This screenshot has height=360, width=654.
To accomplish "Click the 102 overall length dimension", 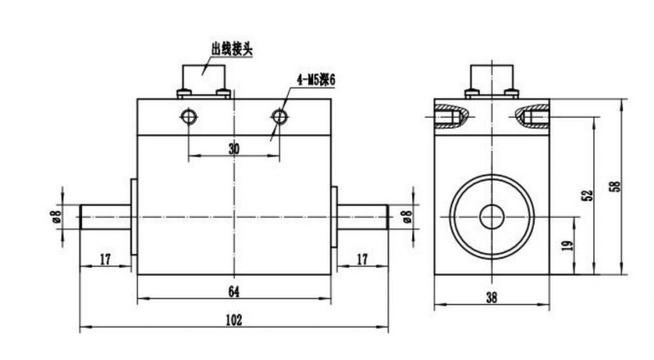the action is (234, 320).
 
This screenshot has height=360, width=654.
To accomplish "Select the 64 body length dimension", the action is (234, 292).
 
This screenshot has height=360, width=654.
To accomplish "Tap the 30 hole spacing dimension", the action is (234, 149).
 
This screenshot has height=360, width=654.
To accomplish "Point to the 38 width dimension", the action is (492, 297).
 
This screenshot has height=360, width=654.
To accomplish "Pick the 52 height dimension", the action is (587, 196).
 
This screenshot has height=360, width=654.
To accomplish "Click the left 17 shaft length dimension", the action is (105, 260).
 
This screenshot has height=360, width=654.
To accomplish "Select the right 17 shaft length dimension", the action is (362, 260).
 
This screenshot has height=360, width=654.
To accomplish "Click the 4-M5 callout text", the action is (316, 80).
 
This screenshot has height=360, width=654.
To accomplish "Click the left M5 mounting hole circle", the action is (188, 117).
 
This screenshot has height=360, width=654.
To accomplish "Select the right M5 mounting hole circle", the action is (279, 117).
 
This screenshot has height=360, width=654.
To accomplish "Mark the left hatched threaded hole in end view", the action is (451, 116).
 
